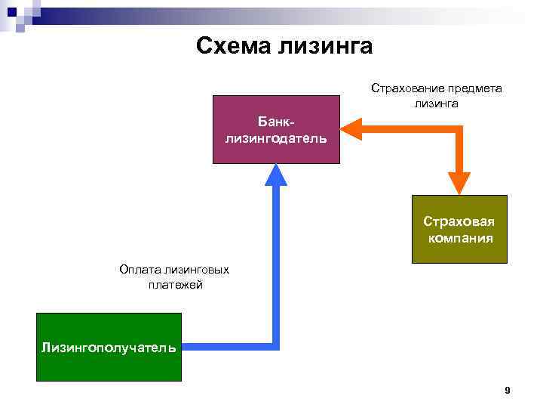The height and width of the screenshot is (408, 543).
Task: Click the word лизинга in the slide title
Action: pyautogui.click(x=326, y=46)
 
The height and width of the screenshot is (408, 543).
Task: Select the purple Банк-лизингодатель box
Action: pyautogui.click(x=276, y=129)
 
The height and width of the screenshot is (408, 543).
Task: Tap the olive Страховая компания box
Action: pyautogui.click(x=459, y=229)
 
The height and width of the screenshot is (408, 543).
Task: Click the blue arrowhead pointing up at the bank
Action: pyautogui.click(x=276, y=175)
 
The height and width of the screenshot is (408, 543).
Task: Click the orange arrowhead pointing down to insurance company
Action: pyautogui.click(x=459, y=184)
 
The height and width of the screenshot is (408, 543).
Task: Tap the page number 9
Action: pyautogui.click(x=507, y=391)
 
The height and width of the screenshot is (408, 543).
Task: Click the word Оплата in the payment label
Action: pyautogui.click(x=140, y=269)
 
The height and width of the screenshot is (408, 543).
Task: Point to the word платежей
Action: pyautogui.click(x=176, y=285)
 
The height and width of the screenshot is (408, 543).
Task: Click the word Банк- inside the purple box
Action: pyautogui.click(x=276, y=122)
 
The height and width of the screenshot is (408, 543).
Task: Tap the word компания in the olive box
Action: pyautogui.click(x=460, y=238)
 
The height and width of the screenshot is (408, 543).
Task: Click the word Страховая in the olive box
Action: pyautogui.click(x=459, y=221)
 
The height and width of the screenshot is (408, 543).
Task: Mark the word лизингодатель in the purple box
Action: pyautogui.click(x=276, y=138)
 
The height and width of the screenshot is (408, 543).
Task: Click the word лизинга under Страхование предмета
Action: pyautogui.click(x=436, y=104)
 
